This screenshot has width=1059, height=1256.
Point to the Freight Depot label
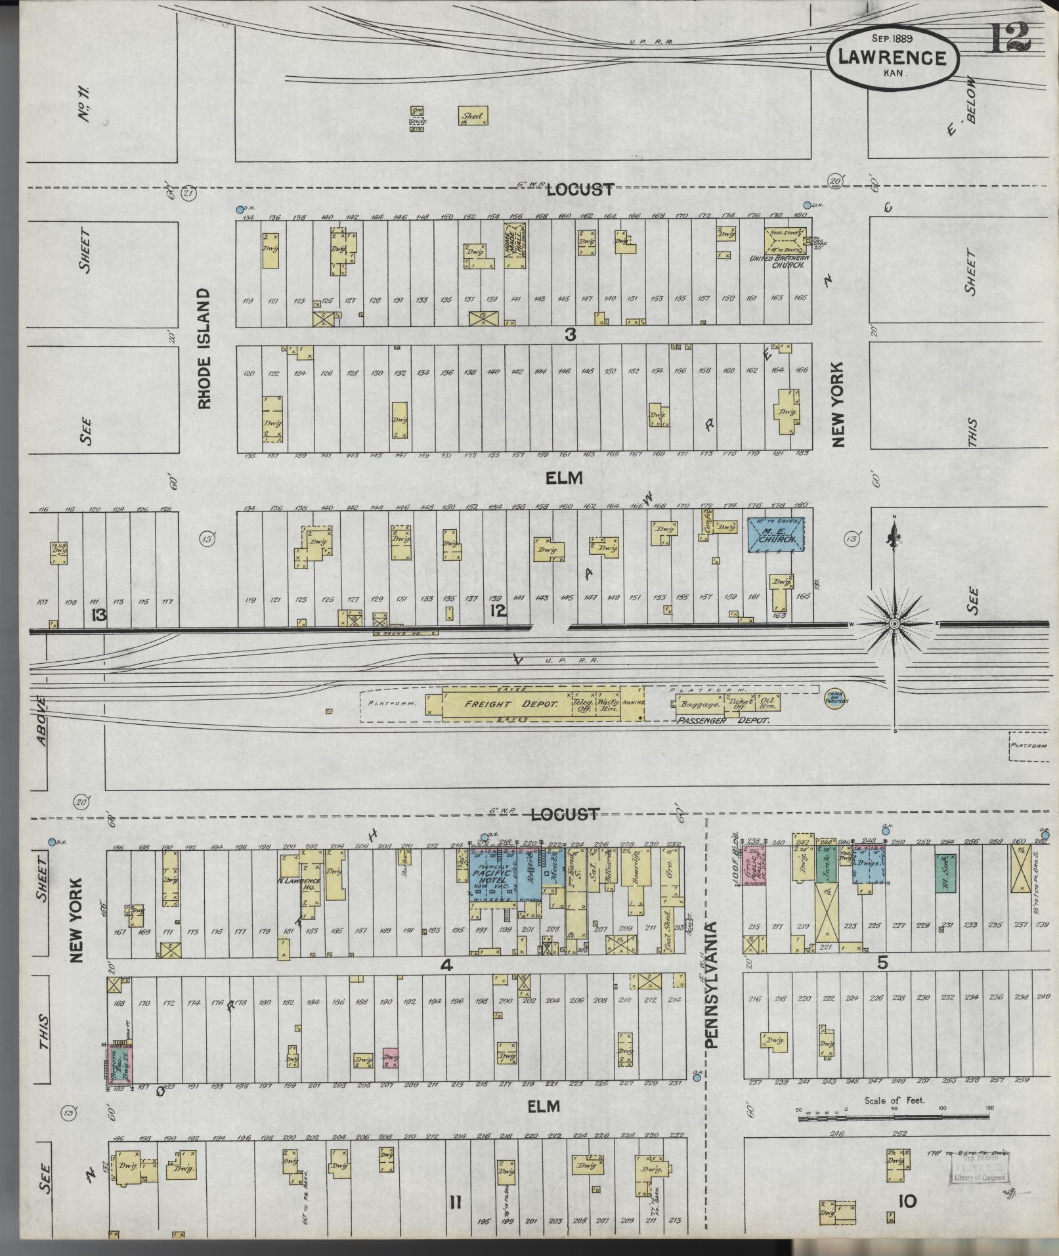pos(511,704)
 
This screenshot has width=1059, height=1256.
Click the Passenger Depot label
pos(722,720)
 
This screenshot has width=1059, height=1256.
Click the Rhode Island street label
pos(205,349)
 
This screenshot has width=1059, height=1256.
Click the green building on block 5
pos(945,872)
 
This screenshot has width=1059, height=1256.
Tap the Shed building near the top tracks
pos(471,116)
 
